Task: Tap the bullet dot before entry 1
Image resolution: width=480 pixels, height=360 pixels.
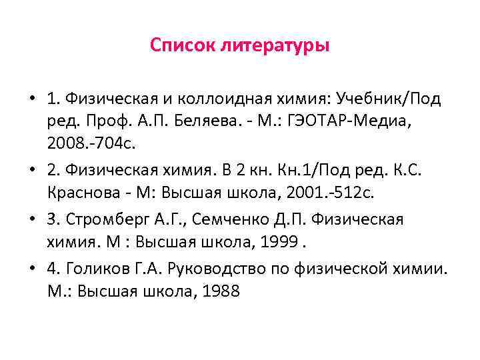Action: click(32, 99)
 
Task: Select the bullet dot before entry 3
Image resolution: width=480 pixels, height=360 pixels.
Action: click(32, 219)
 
